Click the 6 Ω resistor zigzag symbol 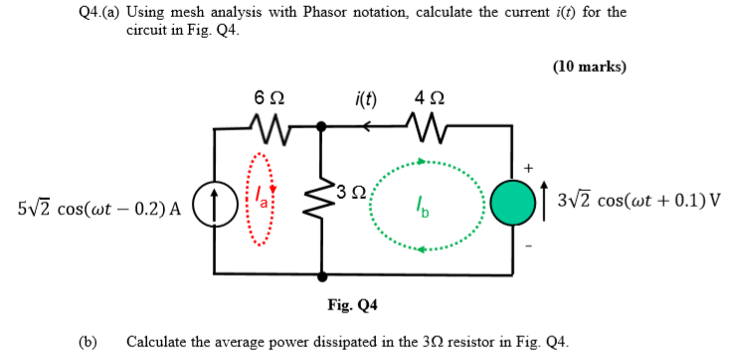click(268, 126)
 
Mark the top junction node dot click(321, 126)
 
